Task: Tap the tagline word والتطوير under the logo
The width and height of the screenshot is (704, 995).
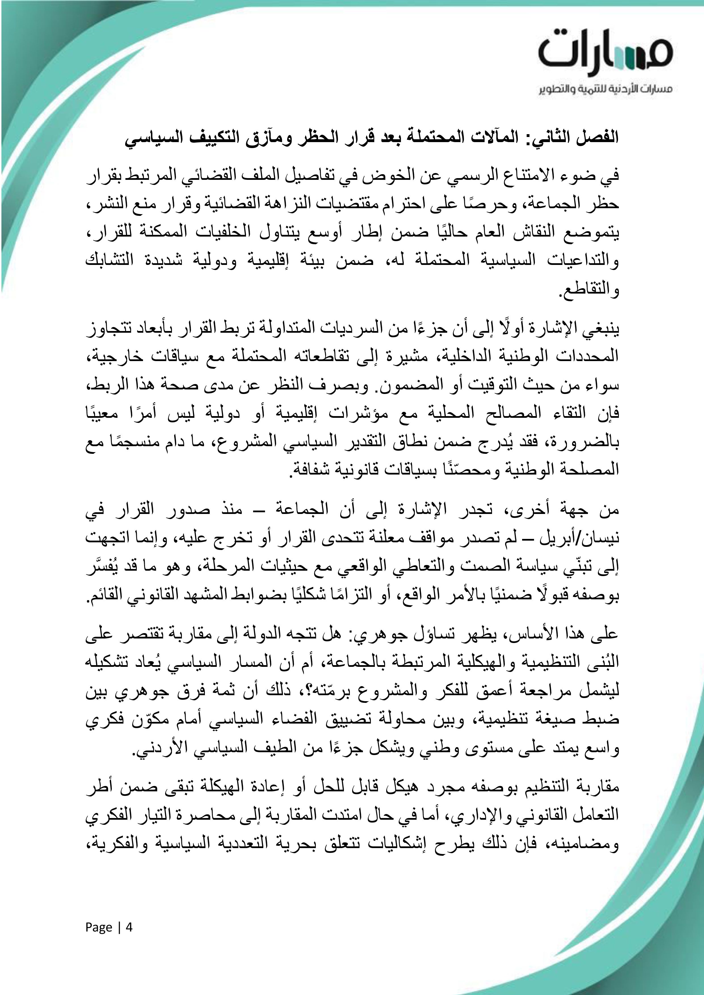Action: click(556, 89)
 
